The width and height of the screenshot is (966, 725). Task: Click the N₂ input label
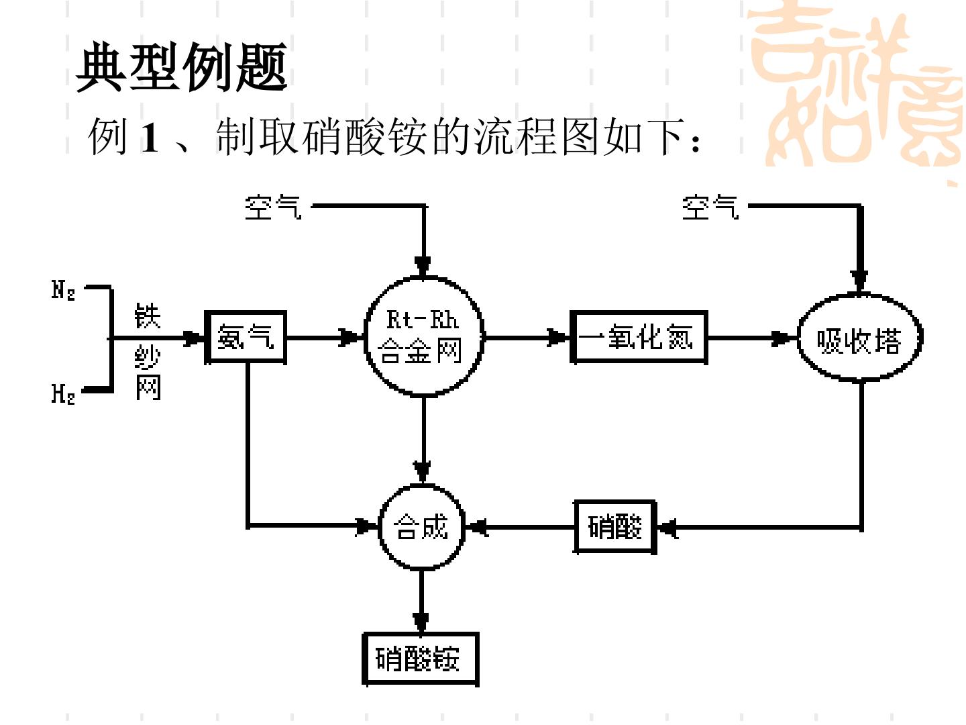[63, 291]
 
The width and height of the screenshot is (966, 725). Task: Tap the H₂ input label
[63, 393]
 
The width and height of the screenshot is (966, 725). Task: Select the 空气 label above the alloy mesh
[273, 207]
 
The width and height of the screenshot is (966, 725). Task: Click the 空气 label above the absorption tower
[710, 207]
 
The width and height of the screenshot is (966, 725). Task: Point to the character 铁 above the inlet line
[148, 316]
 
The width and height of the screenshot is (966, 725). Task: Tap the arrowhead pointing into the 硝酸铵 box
[421, 622]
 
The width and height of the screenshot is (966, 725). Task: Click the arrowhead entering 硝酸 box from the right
[668, 528]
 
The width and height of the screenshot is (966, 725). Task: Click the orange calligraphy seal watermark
[856, 88]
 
